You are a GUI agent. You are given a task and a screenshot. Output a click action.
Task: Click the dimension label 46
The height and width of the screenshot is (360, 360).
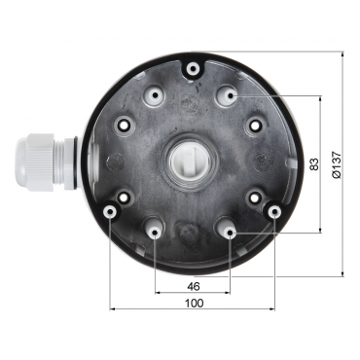[194, 286]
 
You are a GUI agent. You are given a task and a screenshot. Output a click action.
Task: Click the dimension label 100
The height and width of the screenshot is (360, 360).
[195, 303]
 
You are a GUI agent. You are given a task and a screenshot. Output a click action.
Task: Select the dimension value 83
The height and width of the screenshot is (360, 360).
[313, 164]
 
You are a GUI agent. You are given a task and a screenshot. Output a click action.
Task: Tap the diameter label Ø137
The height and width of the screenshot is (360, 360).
[337, 164]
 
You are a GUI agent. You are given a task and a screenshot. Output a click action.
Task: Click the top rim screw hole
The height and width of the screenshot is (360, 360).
[194, 69]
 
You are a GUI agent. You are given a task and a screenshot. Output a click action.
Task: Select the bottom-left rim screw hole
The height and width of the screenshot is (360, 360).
[110, 212]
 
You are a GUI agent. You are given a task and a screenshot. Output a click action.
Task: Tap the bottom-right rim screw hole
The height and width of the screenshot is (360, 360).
[274, 212]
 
